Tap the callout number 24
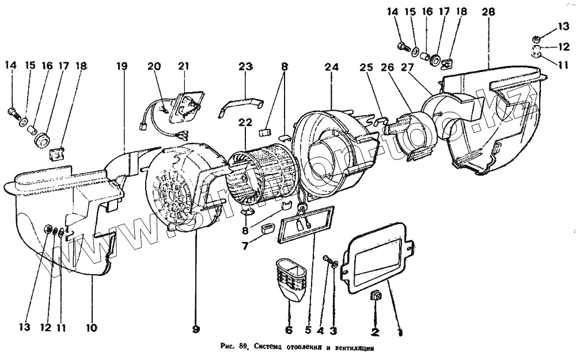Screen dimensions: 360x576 tap(331, 66)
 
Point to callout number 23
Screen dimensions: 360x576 tap(246, 66)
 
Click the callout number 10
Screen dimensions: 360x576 tap(92, 328)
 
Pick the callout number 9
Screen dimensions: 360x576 tap(196, 329)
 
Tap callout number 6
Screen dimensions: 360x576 tap(289, 330)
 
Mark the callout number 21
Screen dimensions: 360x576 tap(183, 66)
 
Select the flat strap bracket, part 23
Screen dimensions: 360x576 tap(242, 107)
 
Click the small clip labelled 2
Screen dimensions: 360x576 tap(375, 296)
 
